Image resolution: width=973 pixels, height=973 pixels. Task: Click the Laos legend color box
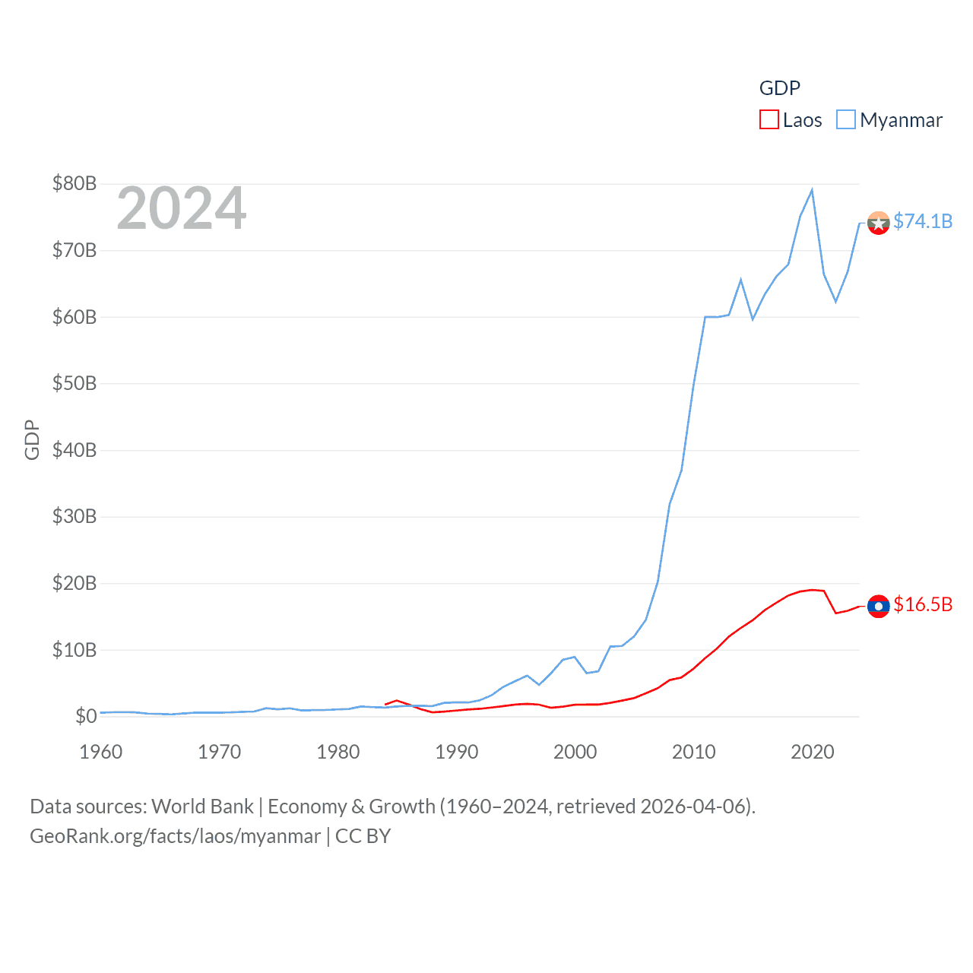(x=769, y=120)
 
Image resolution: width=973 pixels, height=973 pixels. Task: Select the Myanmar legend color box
(x=846, y=120)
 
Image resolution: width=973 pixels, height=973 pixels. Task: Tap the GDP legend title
(x=780, y=88)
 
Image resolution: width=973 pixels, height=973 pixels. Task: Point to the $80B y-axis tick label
(x=74, y=183)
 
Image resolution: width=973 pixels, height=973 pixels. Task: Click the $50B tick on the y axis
(x=74, y=383)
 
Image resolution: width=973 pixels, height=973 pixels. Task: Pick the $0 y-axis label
(x=86, y=716)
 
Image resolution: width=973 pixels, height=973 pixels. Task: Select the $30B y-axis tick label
(x=74, y=517)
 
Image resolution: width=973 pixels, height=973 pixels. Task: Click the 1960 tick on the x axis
(x=101, y=752)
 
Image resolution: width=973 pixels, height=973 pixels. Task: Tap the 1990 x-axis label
(x=457, y=752)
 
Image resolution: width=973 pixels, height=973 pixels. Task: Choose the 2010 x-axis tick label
(x=694, y=752)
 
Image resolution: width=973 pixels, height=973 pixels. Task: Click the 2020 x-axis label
(x=813, y=752)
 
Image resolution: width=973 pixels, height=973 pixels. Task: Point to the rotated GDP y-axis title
(x=32, y=439)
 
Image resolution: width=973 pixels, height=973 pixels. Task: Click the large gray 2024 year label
(x=182, y=208)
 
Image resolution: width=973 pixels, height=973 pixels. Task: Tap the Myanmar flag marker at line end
(x=878, y=223)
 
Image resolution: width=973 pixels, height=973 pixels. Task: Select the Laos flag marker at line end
(x=878, y=606)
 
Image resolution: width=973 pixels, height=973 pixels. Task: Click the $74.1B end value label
(x=923, y=221)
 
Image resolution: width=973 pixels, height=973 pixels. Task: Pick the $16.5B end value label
(x=923, y=604)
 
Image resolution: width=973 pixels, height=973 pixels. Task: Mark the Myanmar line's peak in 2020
(x=812, y=190)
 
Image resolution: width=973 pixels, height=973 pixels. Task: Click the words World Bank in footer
(x=203, y=807)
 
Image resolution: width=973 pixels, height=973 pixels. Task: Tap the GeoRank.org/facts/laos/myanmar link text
(x=176, y=836)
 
